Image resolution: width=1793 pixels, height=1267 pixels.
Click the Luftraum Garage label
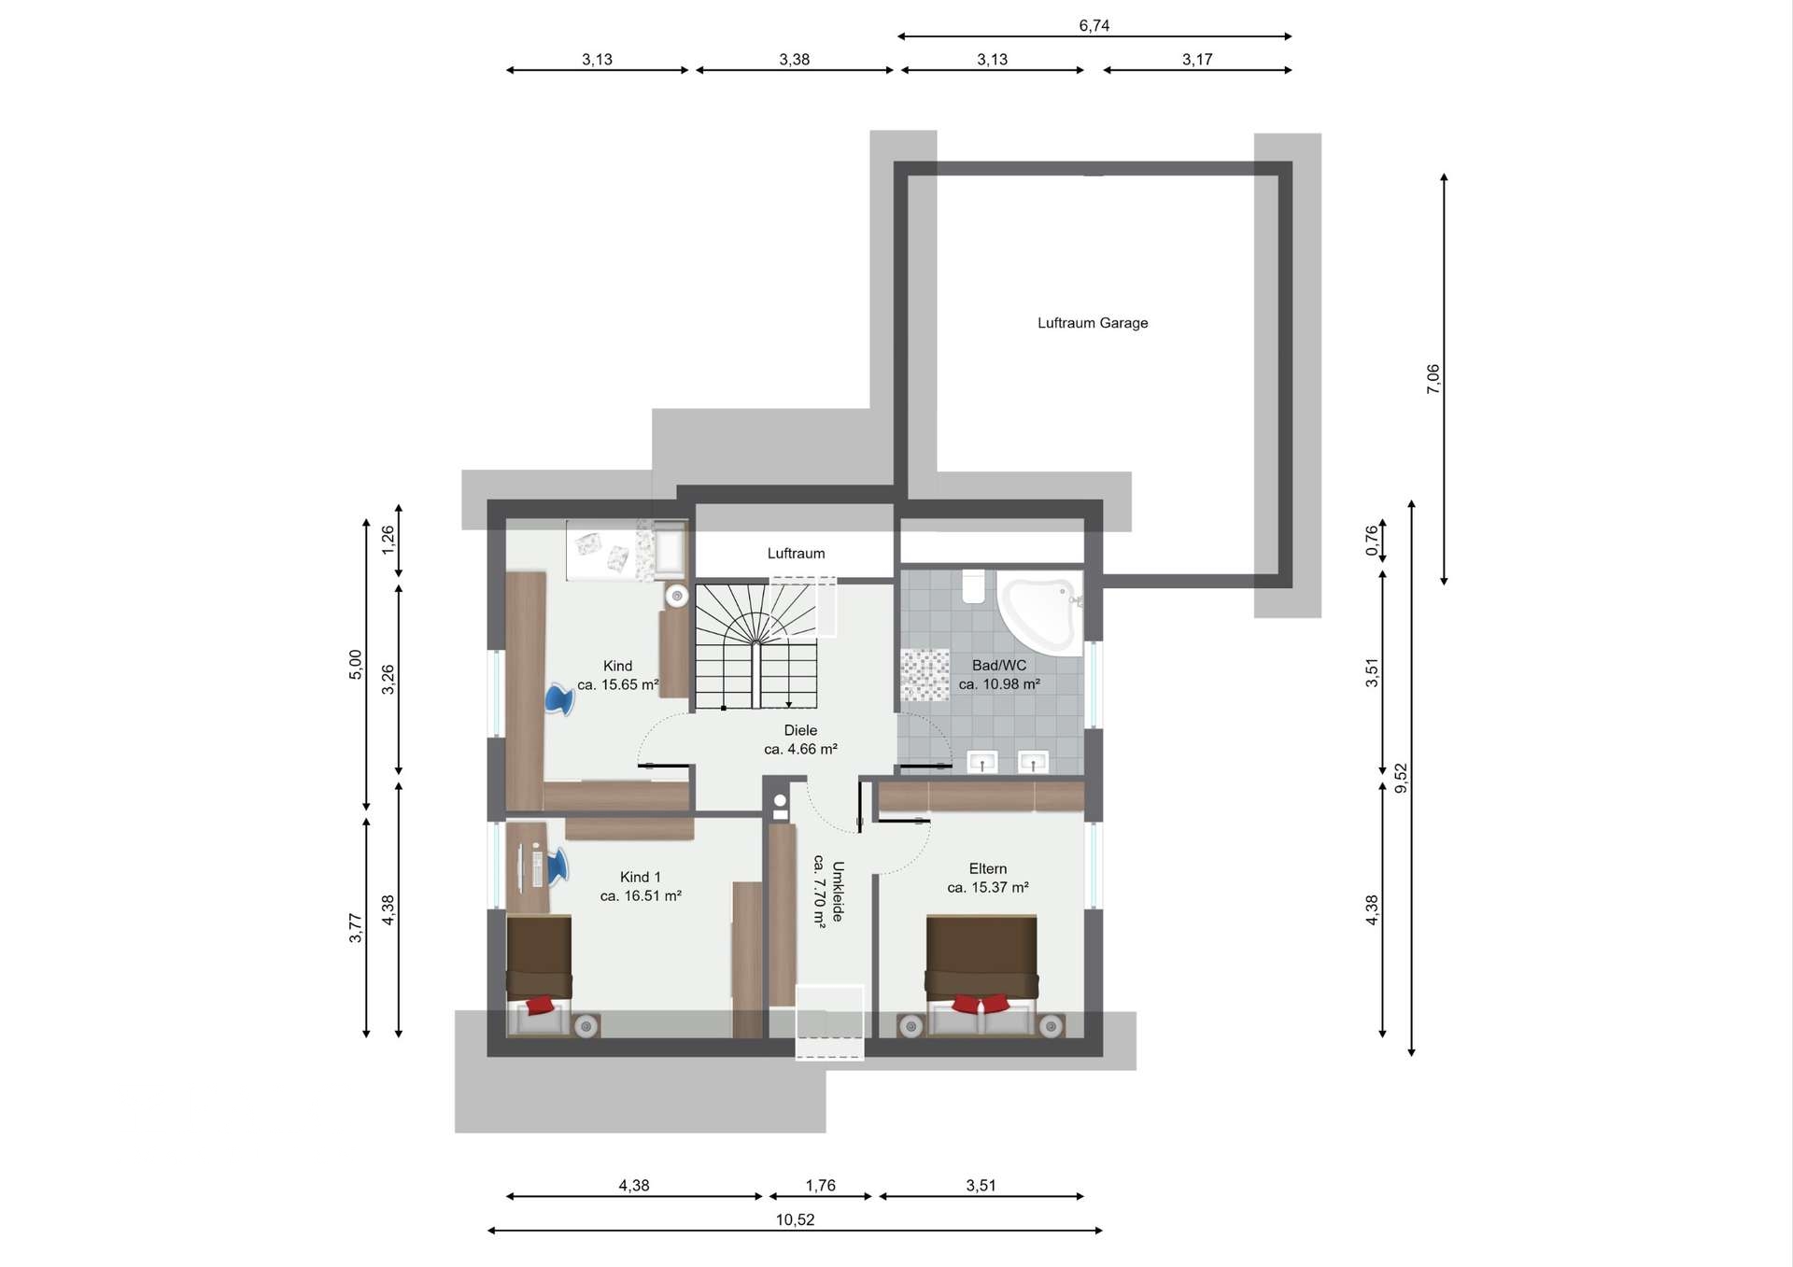click(1093, 323)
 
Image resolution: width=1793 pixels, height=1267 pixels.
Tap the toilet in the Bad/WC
click(974, 586)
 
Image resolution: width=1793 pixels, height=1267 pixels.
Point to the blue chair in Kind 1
click(556, 866)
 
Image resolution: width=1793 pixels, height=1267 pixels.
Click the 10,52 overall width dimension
click(795, 1219)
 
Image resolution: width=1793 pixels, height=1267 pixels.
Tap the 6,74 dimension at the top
click(1094, 25)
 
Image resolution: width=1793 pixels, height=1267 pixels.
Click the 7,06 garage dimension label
click(1433, 379)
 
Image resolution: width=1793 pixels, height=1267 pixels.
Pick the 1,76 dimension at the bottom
click(820, 1186)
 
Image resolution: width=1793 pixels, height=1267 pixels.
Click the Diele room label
click(800, 730)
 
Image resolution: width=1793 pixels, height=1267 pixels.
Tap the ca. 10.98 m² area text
click(999, 684)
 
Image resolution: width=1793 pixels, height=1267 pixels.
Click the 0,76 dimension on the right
click(1371, 541)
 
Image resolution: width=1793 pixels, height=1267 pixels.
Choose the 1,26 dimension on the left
click(388, 540)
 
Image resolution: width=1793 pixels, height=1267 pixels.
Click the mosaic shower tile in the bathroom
click(925, 675)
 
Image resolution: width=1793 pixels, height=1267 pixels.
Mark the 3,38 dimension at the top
click(795, 60)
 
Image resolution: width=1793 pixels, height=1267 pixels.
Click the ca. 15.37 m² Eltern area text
click(988, 888)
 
